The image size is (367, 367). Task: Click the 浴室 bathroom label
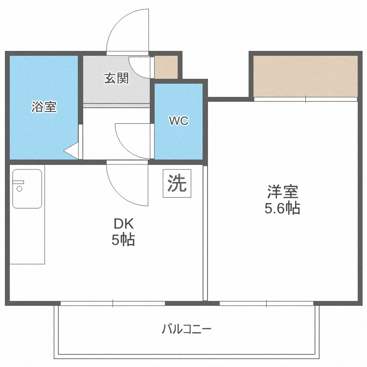point(44,107)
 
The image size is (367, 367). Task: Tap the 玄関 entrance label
point(116,78)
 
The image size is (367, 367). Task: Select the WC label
point(179,121)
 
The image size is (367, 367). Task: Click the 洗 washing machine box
point(177,183)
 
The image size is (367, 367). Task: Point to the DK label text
point(123,224)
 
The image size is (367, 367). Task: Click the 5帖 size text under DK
point(123,240)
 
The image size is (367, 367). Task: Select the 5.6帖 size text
point(282,208)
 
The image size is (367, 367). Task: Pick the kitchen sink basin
point(27,189)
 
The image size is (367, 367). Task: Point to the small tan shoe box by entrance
point(166,67)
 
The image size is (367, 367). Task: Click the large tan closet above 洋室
point(305,76)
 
